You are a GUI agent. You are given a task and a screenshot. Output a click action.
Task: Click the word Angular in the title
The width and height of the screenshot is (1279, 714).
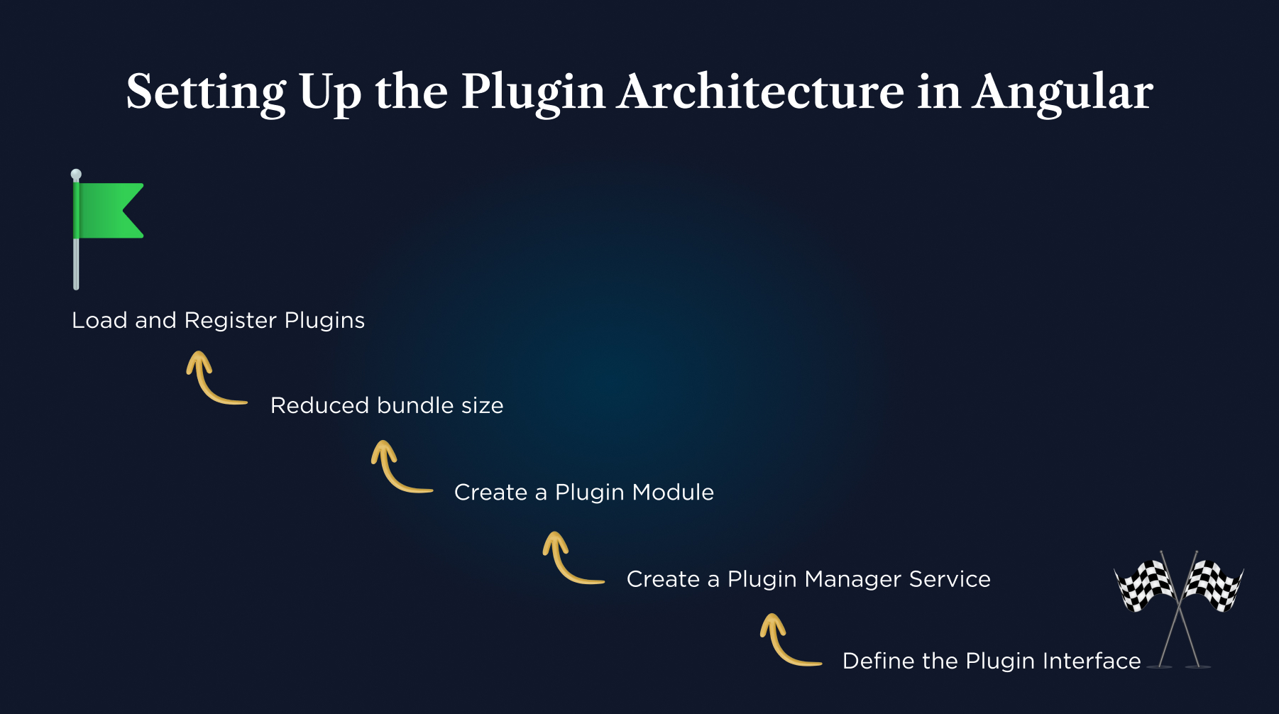[x=1063, y=92]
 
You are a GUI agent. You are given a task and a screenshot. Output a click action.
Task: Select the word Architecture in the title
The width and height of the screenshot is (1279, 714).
[x=760, y=92]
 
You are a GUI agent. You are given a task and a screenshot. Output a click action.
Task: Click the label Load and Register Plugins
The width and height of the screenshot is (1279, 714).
[x=218, y=320]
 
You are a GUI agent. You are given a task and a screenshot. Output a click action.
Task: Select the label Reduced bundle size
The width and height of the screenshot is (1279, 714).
[x=387, y=405]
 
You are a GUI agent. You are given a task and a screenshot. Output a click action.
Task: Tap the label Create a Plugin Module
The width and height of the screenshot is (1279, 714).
[x=583, y=492]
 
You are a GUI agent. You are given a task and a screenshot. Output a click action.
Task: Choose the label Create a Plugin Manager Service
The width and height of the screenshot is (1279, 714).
[x=808, y=579]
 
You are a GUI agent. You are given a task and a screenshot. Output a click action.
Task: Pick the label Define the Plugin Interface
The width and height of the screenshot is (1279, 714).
[x=991, y=661]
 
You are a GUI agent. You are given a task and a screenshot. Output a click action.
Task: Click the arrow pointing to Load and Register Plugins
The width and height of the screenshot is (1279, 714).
[x=213, y=380]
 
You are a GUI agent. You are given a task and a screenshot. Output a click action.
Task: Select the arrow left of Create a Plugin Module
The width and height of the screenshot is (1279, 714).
[x=397, y=468]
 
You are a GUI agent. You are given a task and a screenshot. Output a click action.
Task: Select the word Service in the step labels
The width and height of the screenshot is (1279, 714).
[x=949, y=579]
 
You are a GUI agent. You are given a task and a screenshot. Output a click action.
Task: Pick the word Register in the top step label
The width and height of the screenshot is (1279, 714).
[x=230, y=321]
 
